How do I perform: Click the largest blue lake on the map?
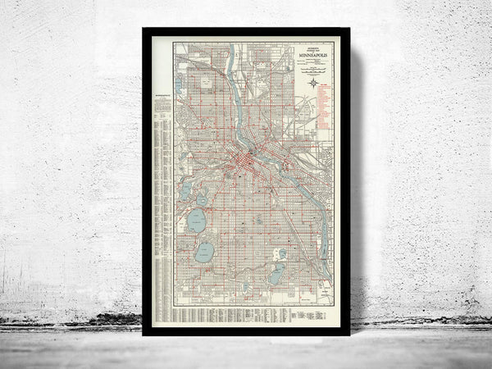click(197, 221)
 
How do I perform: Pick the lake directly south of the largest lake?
click(204, 252)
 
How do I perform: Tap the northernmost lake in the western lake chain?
click(186, 189)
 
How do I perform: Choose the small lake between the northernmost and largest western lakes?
click(201, 199)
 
